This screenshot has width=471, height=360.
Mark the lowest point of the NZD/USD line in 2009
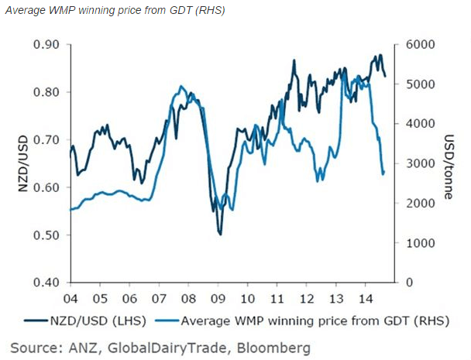(221, 233)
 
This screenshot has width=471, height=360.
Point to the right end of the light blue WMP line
(383, 173)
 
